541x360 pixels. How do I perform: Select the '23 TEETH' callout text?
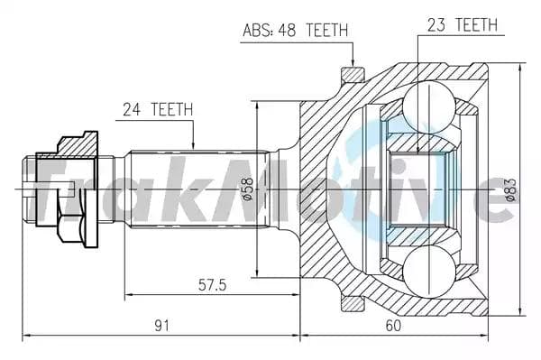[461, 25]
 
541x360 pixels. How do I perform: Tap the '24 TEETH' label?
[158, 109]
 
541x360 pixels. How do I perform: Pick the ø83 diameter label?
[510, 189]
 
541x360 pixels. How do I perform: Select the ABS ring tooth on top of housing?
[350, 71]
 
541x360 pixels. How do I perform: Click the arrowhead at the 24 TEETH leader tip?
[194, 146]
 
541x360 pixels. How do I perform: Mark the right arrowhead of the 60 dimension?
[486, 335]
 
